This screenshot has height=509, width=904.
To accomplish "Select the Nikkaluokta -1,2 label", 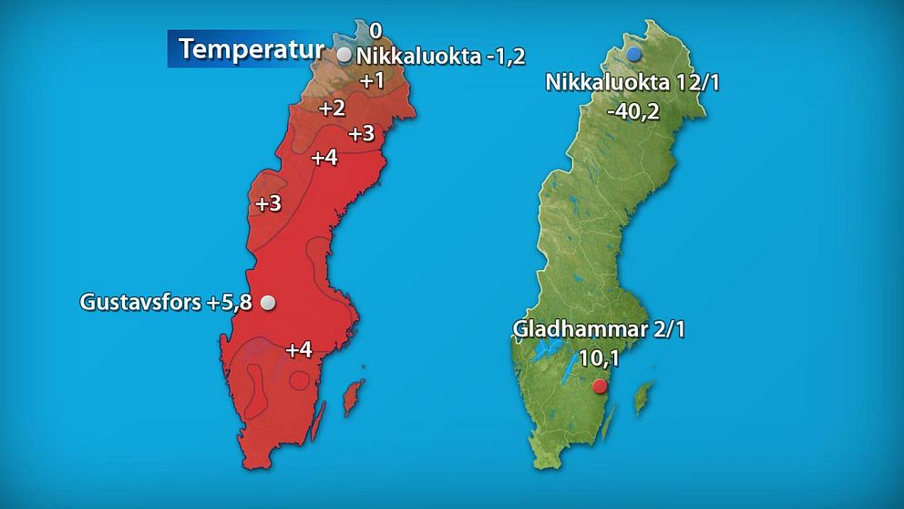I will pyautogui.click(x=441, y=56).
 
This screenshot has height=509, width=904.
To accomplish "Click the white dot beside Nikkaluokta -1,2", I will pyautogui.click(x=344, y=55).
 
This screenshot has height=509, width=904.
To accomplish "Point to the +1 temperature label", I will pyautogui.click(x=372, y=80).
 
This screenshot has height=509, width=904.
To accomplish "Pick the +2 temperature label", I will pyautogui.click(x=332, y=109).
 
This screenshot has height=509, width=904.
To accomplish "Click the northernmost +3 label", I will pyautogui.click(x=362, y=133).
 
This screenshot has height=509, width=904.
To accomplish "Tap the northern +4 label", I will pyautogui.click(x=324, y=157).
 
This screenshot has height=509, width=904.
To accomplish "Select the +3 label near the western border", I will pyautogui.click(x=268, y=203).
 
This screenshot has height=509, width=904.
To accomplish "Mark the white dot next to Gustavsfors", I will pyautogui.click(x=268, y=303).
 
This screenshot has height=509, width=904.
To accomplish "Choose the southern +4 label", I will pyautogui.click(x=299, y=349).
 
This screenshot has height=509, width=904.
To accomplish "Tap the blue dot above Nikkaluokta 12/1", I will pyautogui.click(x=633, y=54).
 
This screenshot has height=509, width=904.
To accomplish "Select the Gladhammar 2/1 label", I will pyautogui.click(x=598, y=329).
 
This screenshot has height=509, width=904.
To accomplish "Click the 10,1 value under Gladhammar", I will pyautogui.click(x=599, y=358).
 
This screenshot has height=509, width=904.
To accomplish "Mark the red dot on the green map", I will pyautogui.click(x=599, y=386).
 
